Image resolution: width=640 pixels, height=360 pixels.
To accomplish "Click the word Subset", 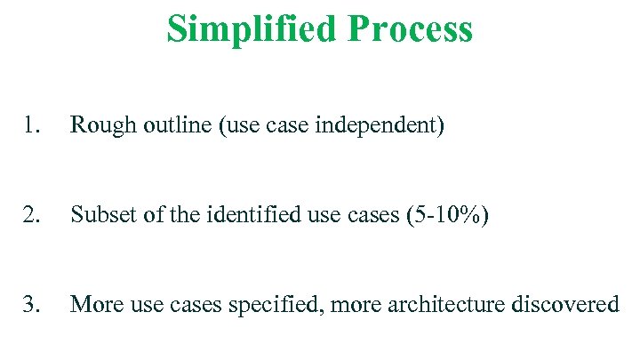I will [x=100, y=215].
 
